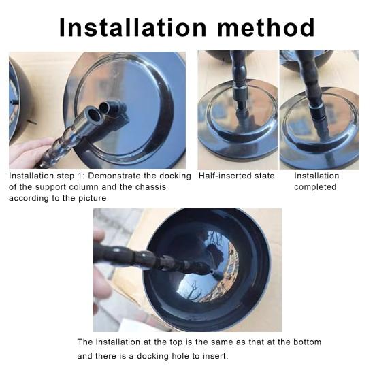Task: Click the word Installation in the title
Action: [133, 27]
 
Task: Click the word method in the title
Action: [265, 27]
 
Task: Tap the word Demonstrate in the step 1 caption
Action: [114, 176]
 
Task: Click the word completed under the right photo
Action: [315, 187]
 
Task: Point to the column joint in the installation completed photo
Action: [317, 111]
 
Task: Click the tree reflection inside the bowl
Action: [192, 290]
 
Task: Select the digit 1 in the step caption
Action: [80, 176]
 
